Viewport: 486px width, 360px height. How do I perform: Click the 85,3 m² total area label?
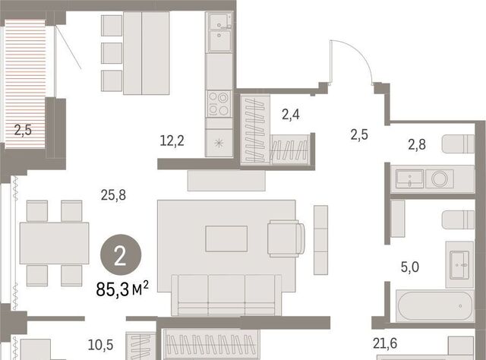click(122, 289)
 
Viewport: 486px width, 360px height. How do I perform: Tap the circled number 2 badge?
click(121, 254)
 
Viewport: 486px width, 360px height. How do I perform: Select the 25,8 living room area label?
click(113, 195)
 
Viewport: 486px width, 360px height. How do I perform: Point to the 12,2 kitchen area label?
click(172, 141)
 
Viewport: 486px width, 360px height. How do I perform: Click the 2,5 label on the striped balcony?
click(23, 130)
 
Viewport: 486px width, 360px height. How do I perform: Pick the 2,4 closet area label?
click(291, 115)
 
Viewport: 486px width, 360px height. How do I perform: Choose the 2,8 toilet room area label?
click(417, 144)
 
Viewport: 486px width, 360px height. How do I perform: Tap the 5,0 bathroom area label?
click(410, 267)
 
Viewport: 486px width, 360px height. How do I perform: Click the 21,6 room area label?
click(385, 343)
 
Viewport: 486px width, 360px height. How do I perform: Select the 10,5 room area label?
click(101, 345)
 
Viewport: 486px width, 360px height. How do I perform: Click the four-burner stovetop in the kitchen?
click(219, 103)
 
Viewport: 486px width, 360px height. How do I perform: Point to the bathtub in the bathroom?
click(435, 306)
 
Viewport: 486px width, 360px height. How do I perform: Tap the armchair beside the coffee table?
click(286, 238)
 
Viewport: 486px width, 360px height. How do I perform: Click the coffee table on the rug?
click(226, 238)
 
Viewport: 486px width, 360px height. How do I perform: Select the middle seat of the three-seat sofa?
click(226, 295)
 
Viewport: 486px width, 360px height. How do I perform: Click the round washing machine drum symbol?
click(439, 179)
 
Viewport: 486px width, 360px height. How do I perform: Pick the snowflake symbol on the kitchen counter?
click(219, 143)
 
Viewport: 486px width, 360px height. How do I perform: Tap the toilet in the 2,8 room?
click(458, 144)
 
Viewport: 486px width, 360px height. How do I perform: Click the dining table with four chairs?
click(54, 243)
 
